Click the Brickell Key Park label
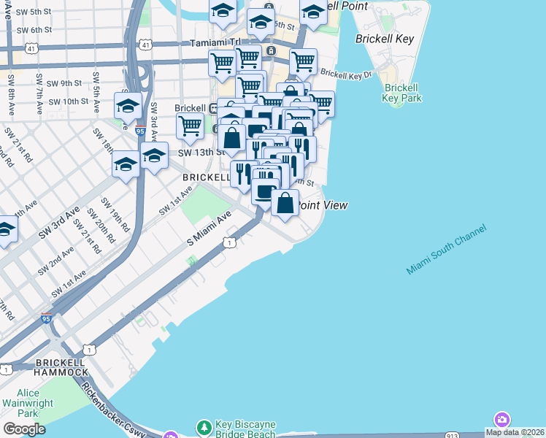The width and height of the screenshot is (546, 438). pos(403,93)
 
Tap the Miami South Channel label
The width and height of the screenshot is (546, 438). pos(445,250)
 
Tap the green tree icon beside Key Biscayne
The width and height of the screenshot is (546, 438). pos(205,426)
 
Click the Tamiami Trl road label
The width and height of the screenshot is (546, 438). pos(215,43)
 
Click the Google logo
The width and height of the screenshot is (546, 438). pos(24,429)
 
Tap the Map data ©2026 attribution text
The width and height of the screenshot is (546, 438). pos(515,432)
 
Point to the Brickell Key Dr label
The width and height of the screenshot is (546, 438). pos(346,74)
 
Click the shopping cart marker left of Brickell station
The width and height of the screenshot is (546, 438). pos(191,126)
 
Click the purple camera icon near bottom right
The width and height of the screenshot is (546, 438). pos(501,420)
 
